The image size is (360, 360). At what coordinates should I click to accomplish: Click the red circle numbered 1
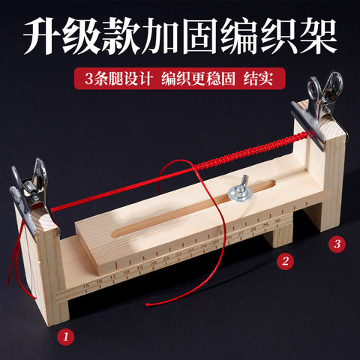(67, 336)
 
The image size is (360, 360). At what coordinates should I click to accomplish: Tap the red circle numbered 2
(284, 261)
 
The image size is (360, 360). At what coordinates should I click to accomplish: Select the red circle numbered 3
(337, 244)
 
